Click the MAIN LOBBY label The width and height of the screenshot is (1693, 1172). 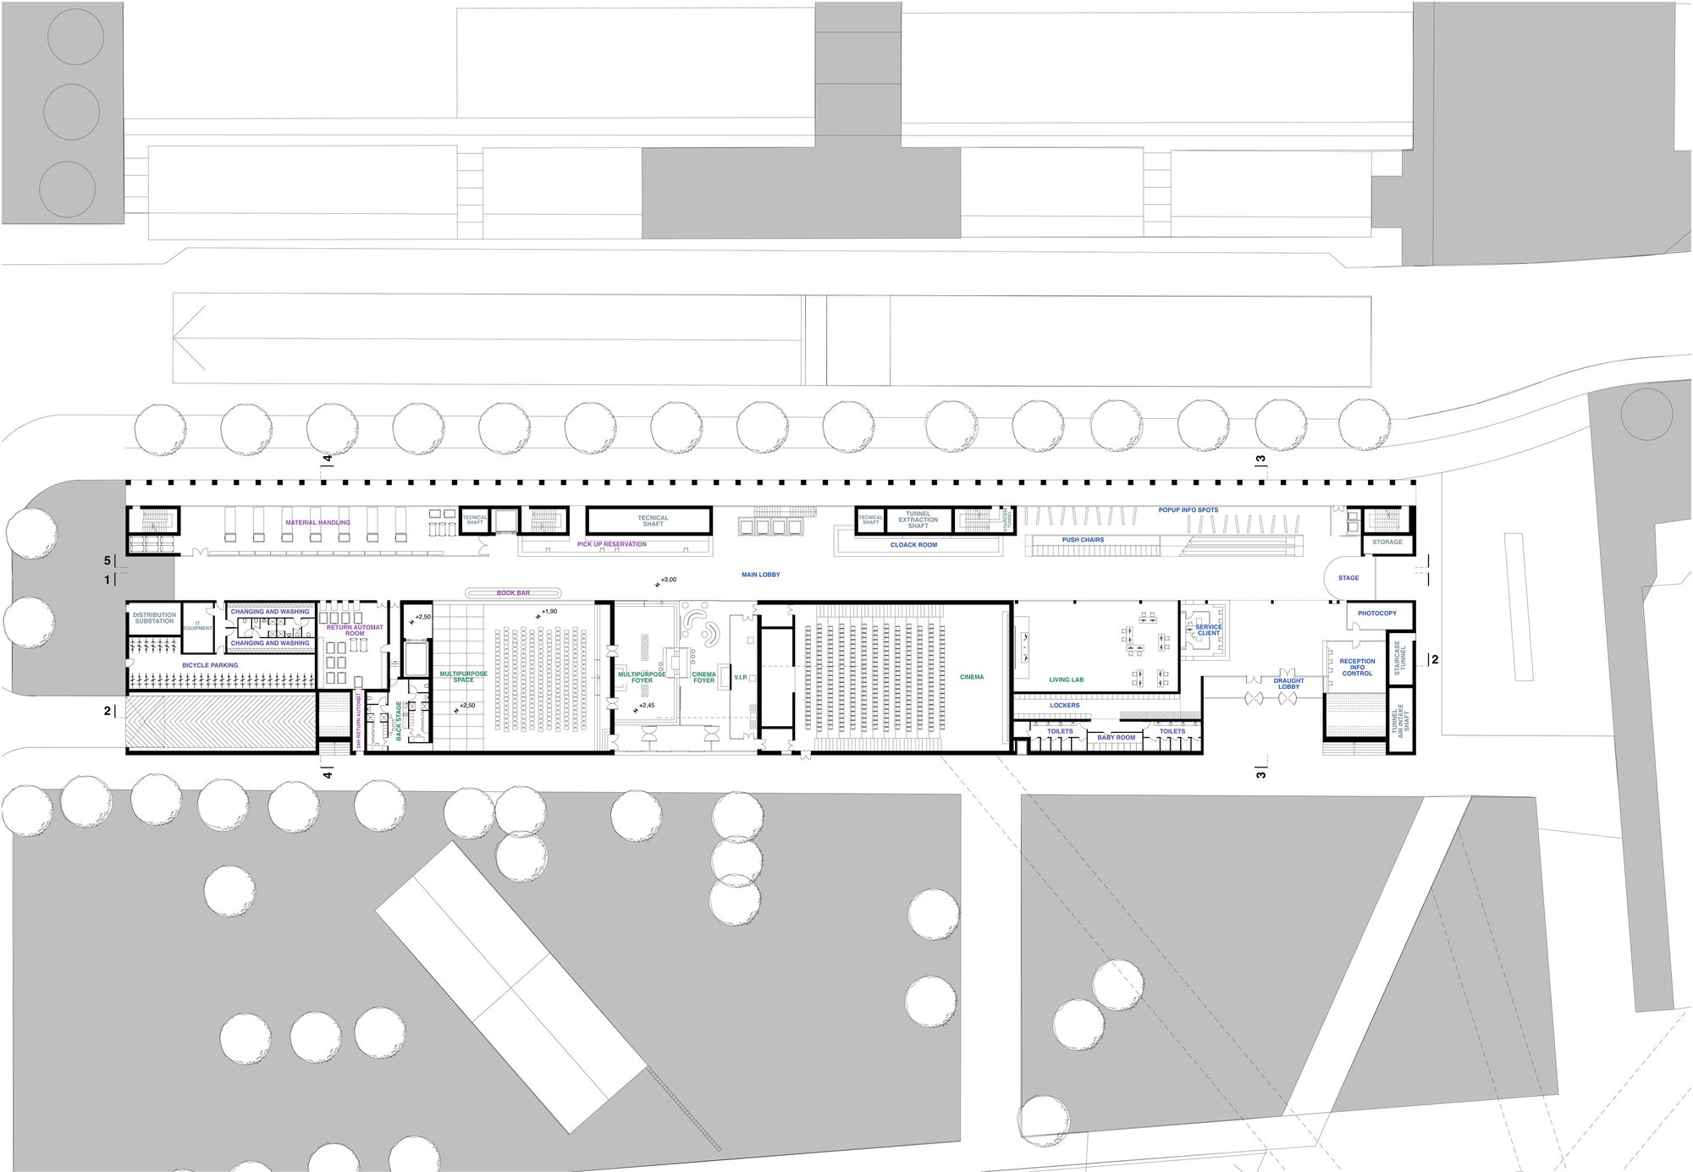pyautogui.click(x=760, y=575)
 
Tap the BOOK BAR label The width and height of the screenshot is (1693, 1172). pyautogui.click(x=513, y=593)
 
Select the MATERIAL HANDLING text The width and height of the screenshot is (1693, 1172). pyautogui.click(x=317, y=523)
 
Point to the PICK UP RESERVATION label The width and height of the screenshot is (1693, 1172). pyautogui.click(x=611, y=545)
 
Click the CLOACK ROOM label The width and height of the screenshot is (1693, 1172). pyautogui.click(x=913, y=546)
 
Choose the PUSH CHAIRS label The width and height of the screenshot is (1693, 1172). pyautogui.click(x=1083, y=540)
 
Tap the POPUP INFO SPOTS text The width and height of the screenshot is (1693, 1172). pyautogui.click(x=1188, y=510)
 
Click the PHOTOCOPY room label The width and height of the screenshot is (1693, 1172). pyautogui.click(x=1377, y=614)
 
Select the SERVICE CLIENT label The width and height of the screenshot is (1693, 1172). pyautogui.click(x=1209, y=630)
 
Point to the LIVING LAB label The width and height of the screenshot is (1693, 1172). pyautogui.click(x=1066, y=680)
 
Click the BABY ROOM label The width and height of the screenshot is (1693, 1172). pyautogui.click(x=1116, y=738)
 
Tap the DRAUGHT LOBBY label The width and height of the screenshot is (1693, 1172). pyautogui.click(x=1288, y=684)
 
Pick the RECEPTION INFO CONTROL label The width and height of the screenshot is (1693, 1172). pyautogui.click(x=1357, y=668)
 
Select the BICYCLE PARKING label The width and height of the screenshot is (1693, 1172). pyautogui.click(x=210, y=666)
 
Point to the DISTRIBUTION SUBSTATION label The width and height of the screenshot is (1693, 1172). pyautogui.click(x=154, y=619)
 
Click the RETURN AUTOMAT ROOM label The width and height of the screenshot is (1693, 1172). pyautogui.click(x=355, y=630)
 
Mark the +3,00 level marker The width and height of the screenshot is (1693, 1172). pyautogui.click(x=668, y=580)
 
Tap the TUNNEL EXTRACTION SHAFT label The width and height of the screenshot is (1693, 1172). pyautogui.click(x=918, y=520)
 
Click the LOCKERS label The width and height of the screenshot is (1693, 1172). pyautogui.click(x=1064, y=706)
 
